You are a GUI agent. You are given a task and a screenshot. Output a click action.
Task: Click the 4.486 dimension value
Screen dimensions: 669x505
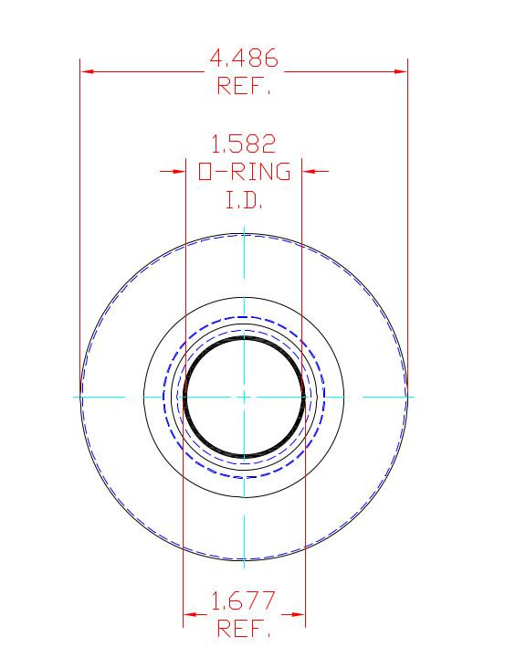[244, 58]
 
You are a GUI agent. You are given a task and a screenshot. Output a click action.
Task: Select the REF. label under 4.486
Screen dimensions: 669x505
[244, 87]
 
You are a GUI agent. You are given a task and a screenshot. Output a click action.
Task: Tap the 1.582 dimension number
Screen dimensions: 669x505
[244, 143]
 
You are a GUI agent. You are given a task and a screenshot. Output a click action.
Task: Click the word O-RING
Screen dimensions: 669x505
[244, 171]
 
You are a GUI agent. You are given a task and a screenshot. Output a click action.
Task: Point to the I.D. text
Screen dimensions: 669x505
[244, 199]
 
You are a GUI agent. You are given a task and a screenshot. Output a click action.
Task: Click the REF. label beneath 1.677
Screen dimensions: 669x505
[244, 630]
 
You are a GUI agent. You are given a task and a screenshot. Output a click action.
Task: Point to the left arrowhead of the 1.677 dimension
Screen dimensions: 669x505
[189, 613]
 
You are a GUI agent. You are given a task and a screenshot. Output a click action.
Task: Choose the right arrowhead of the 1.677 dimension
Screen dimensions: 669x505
[299, 613]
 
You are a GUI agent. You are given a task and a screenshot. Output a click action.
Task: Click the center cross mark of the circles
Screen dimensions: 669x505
[244, 397]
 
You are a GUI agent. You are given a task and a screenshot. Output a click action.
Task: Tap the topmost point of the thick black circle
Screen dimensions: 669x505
[244, 338]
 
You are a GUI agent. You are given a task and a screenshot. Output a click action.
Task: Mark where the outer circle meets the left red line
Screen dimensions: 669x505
[81, 397]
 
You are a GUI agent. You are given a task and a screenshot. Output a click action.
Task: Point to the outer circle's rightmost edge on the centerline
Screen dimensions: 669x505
[406, 397]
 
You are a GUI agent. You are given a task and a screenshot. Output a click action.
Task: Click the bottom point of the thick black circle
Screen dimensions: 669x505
[244, 455]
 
